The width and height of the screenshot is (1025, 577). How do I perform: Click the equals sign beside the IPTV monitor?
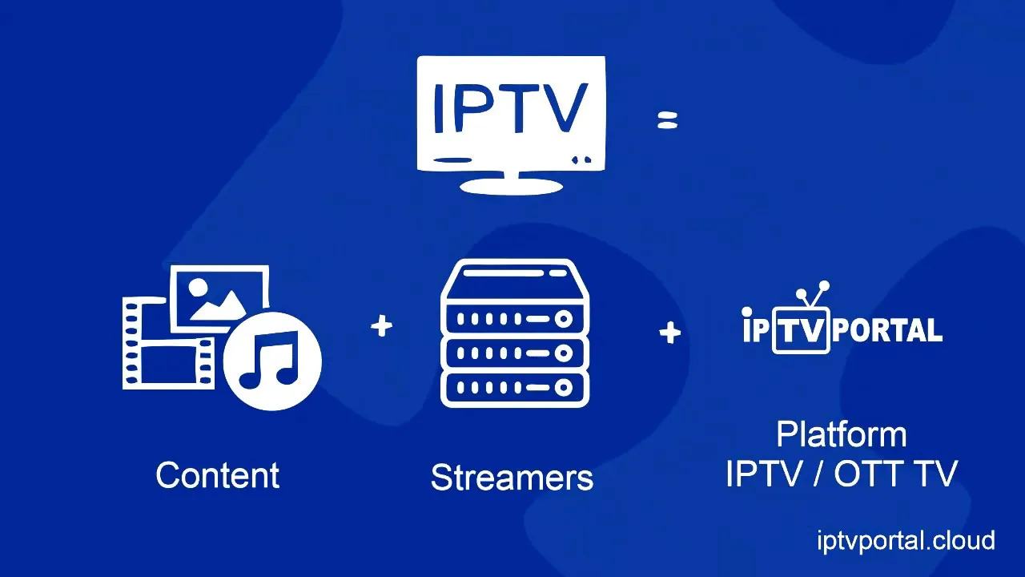click(x=667, y=120)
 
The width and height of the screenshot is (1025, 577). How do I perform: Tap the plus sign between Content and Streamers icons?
click(x=382, y=326)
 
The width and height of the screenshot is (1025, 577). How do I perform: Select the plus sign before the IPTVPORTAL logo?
click(x=670, y=332)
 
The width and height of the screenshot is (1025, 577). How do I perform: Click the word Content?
click(x=218, y=475)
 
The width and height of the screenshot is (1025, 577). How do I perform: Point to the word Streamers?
click(x=512, y=478)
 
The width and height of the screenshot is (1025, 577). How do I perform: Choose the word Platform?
click(x=842, y=435)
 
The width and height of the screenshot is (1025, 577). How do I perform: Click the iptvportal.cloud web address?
click(x=906, y=540)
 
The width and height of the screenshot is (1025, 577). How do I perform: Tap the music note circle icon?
click(x=272, y=361)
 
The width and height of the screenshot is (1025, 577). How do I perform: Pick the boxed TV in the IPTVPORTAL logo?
click(x=800, y=330)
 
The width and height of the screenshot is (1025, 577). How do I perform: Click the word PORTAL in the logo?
click(x=887, y=330)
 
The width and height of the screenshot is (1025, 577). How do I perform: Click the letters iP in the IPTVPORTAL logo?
click(x=756, y=328)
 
